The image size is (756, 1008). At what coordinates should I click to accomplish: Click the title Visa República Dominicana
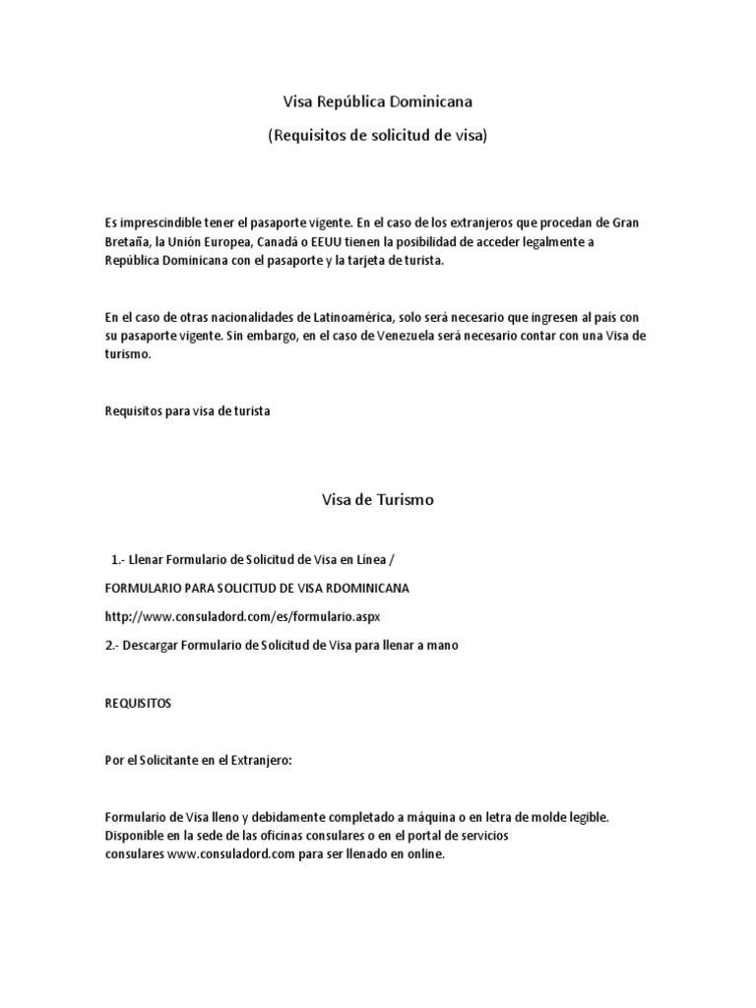377,100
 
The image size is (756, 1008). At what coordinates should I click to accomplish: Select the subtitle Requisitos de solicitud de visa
377,136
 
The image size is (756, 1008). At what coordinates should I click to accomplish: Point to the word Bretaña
126,242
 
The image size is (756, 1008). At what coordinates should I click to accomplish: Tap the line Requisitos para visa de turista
187,411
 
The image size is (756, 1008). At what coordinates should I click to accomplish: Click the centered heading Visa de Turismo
378,500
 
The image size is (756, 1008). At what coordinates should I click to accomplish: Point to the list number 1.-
121,559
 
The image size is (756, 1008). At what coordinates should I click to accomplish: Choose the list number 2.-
112,645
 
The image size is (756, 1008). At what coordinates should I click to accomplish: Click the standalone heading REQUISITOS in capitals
138,704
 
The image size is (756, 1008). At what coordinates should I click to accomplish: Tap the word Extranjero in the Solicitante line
254,760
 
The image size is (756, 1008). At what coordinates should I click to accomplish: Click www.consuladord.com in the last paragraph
224,854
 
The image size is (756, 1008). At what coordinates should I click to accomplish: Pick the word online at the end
423,854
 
